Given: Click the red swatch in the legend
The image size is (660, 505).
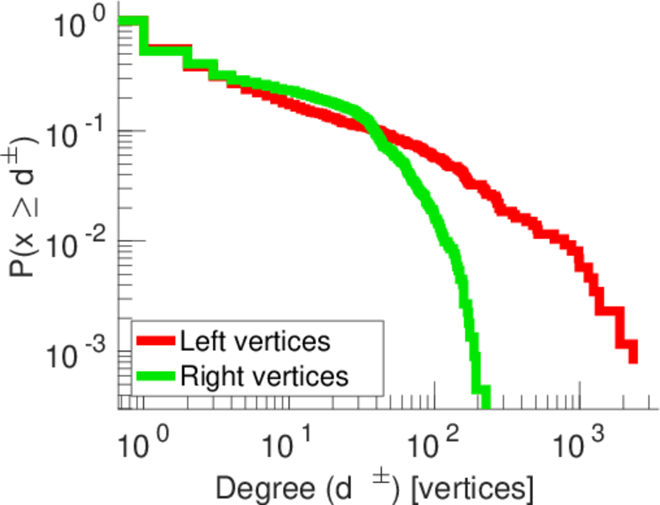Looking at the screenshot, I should point(156,343).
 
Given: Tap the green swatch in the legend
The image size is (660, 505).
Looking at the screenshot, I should point(156,375).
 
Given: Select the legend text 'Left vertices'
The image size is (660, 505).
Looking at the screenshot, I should point(254,342).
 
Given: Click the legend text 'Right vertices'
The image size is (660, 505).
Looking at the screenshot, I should point(263,375).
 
